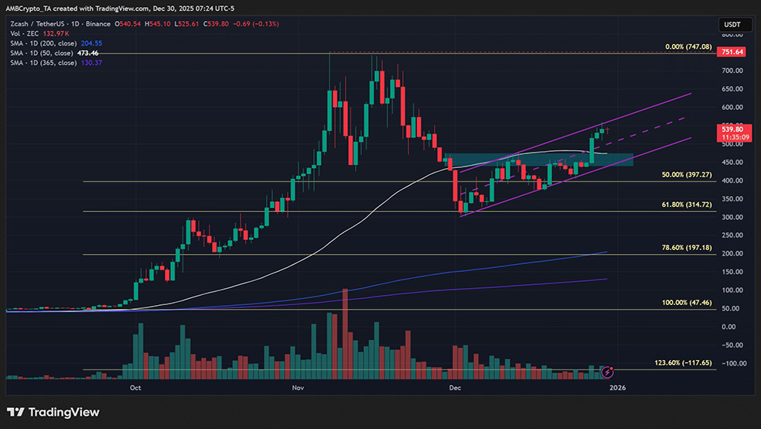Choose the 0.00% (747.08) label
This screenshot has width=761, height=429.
(687, 47)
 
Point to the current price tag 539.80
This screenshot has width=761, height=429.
(732, 129)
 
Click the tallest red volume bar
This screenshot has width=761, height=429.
(345, 333)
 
